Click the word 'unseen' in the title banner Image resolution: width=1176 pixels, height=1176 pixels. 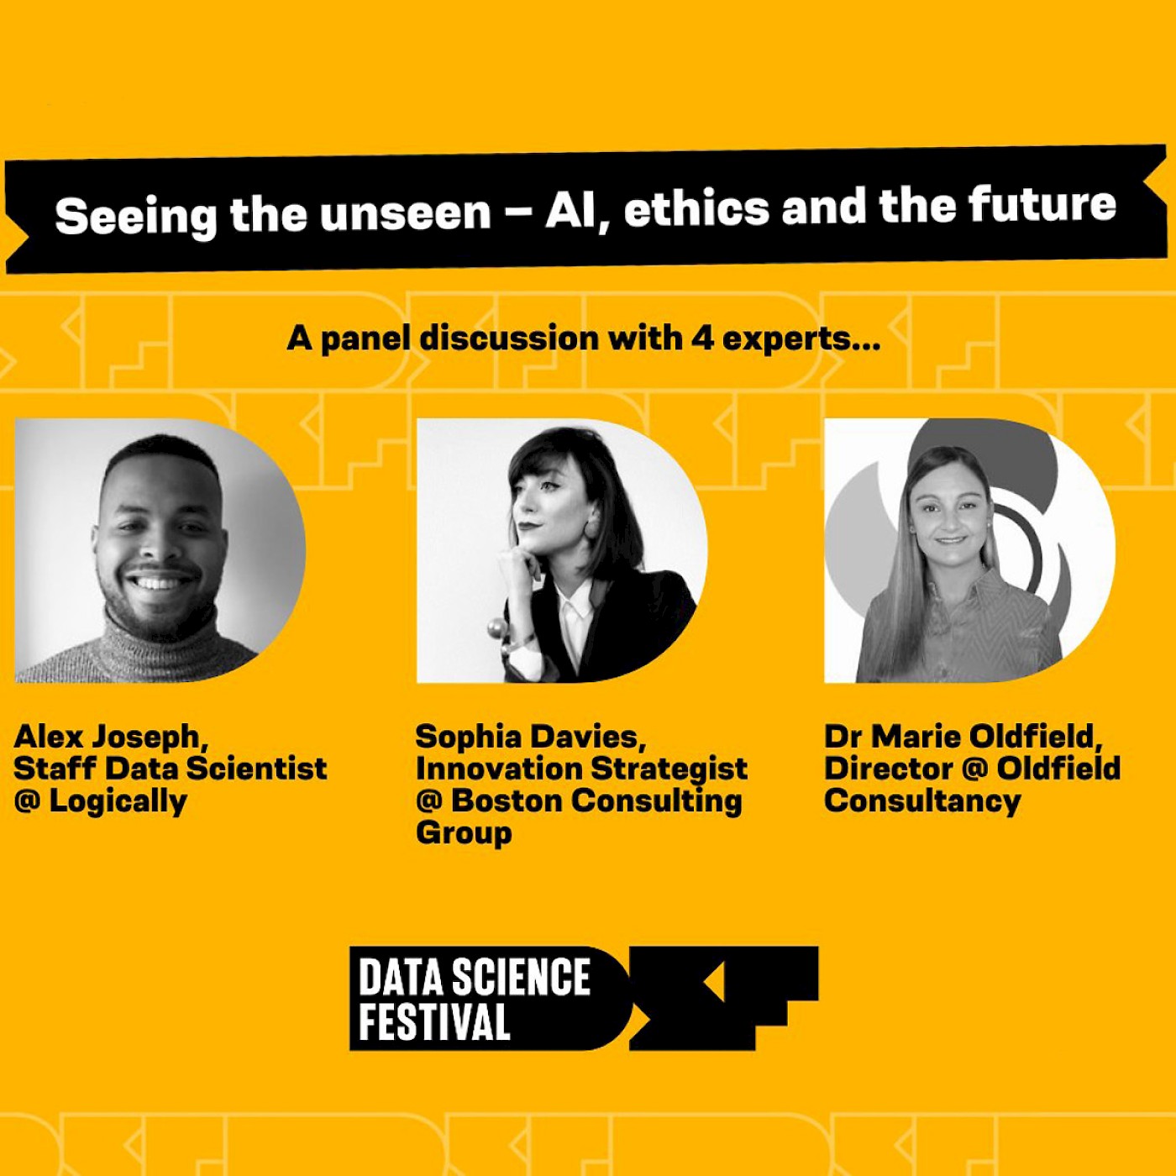[405, 213]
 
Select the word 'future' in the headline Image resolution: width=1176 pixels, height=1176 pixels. [1042, 204]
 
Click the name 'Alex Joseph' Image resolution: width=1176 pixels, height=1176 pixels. [110, 737]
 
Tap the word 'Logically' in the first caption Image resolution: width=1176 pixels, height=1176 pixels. [118, 801]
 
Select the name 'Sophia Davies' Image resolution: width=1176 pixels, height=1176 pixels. [530, 737]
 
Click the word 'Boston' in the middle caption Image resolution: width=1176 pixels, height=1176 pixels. [507, 801]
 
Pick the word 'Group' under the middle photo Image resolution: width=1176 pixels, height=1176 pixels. [464, 832]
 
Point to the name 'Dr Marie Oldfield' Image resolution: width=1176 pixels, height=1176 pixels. [963, 737]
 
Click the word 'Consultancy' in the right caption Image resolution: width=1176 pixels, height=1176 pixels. [922, 801]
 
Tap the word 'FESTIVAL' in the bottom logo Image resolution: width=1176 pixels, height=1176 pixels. [434, 1021]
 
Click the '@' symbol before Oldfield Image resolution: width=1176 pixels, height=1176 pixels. [974, 769]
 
